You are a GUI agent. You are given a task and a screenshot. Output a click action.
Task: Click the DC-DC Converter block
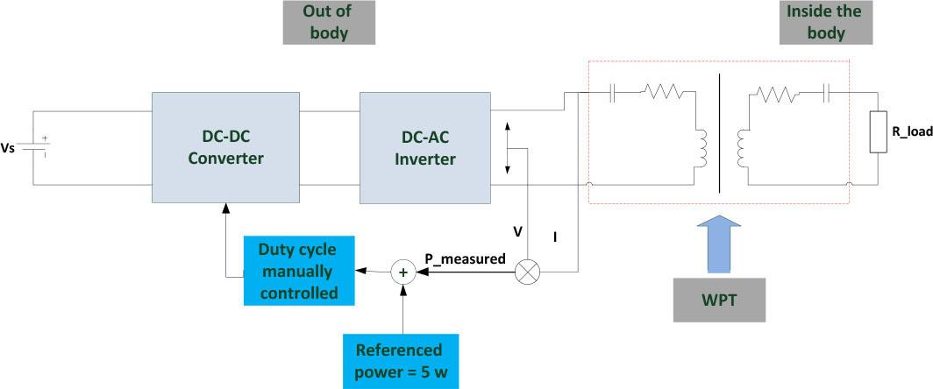pos(226,146)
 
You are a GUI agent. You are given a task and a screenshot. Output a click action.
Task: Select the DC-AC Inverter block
pos(424,146)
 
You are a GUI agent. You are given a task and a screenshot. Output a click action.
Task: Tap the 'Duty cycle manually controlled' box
pos(299,270)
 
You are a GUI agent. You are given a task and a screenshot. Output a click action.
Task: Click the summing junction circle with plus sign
pos(404,272)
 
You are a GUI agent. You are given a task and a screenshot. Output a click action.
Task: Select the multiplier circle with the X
pos(527,272)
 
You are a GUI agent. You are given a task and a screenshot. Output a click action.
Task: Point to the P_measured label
pos(465,258)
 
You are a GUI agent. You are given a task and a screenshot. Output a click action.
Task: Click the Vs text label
pos(11,148)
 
